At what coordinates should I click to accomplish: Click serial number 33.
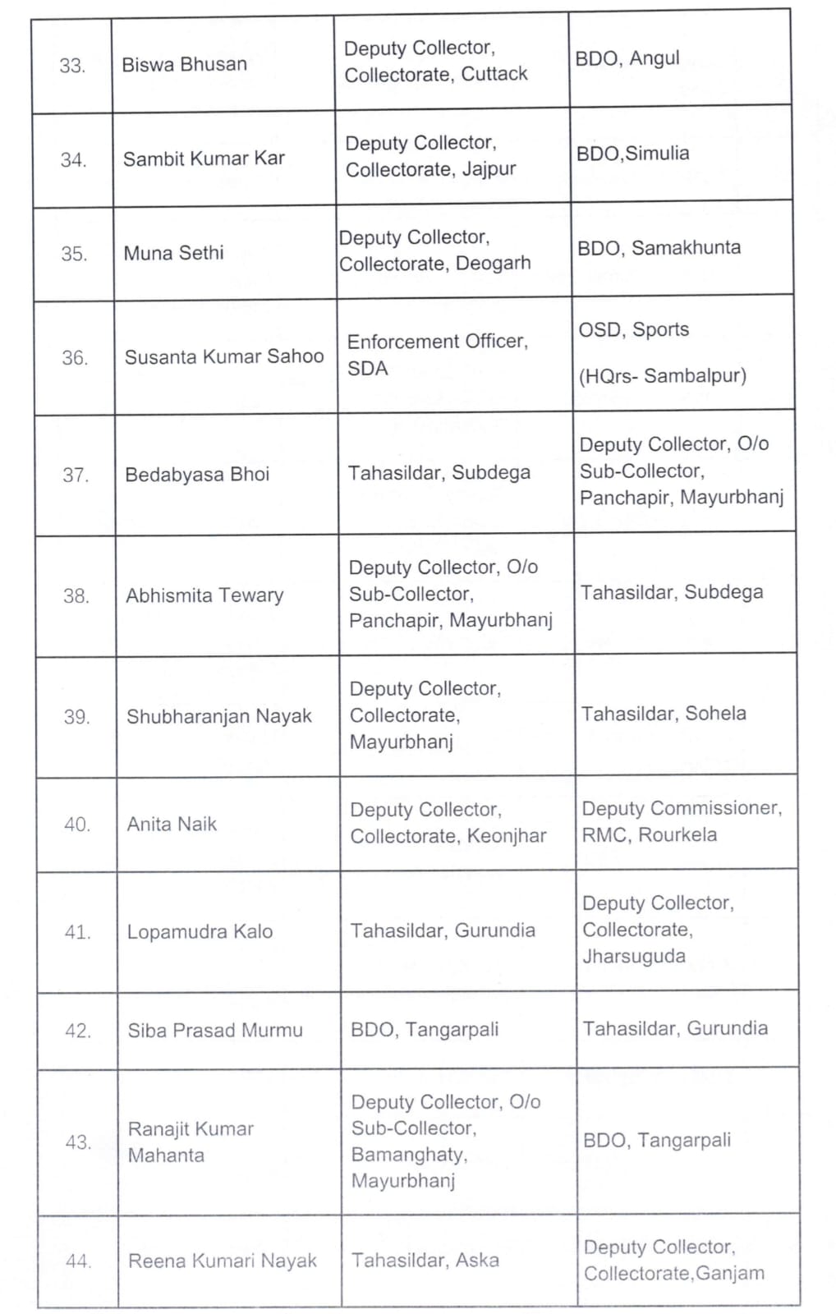click(x=72, y=66)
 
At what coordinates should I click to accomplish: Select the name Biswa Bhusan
click(x=184, y=64)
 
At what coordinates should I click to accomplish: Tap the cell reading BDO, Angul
click(x=627, y=58)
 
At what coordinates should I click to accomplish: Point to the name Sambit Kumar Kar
click(x=204, y=159)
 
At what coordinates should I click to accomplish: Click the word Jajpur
click(x=489, y=169)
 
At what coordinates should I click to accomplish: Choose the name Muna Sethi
click(x=173, y=253)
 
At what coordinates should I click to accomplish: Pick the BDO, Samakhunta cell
click(x=659, y=248)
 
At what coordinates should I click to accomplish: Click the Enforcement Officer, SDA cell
click(x=437, y=355)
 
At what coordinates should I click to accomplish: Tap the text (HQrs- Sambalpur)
click(x=663, y=376)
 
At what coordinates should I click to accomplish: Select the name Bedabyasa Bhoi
click(x=197, y=475)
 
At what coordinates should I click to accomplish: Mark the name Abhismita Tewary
click(x=204, y=595)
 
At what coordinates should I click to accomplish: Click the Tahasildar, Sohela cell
click(x=664, y=714)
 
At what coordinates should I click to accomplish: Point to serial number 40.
click(x=77, y=825)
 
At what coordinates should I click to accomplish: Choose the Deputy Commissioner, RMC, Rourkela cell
click(x=682, y=821)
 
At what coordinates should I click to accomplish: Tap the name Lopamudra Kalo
click(x=200, y=932)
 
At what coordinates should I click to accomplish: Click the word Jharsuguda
click(x=634, y=957)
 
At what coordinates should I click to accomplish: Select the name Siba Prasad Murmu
click(x=215, y=1031)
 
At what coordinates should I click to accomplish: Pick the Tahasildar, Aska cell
click(x=425, y=1260)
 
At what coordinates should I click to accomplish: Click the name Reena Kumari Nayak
click(x=223, y=1261)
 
